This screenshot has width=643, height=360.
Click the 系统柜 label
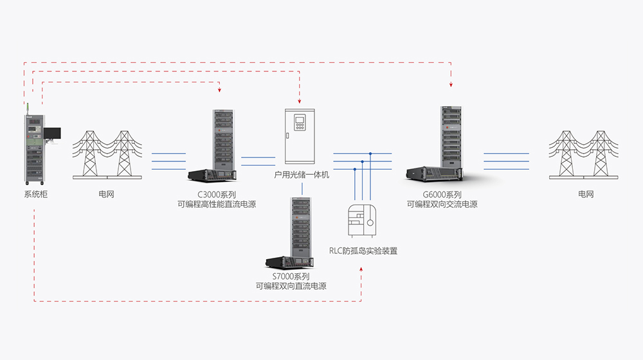[36, 194]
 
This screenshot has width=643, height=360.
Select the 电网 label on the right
[586, 194]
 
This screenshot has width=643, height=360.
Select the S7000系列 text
[291, 276]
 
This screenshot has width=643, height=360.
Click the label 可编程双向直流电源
[291, 286]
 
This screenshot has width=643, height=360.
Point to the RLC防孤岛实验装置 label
[363, 251]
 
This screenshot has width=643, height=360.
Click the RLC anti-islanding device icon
[363, 222]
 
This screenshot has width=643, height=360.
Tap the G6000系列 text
[442, 195]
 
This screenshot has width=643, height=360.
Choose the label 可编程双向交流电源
[442, 205]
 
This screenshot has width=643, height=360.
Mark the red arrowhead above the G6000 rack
[451, 84]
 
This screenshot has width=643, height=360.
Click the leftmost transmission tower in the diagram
[89, 154]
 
